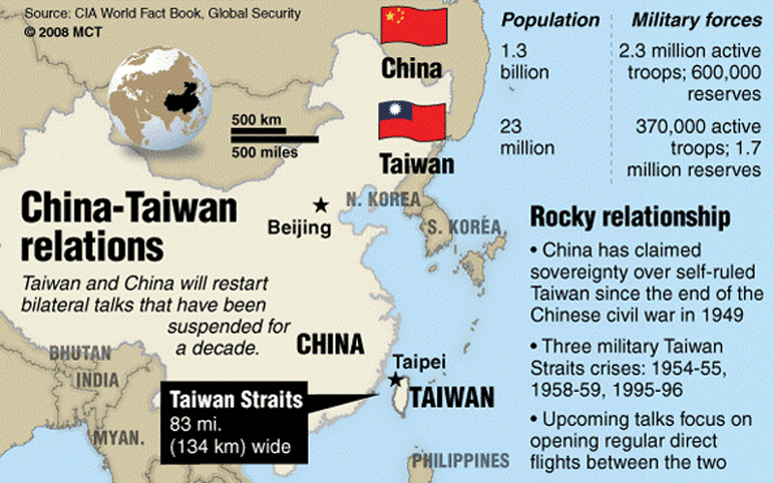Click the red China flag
411,27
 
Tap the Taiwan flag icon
411,121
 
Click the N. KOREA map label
383,199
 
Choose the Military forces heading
695,19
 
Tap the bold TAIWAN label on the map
451,397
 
